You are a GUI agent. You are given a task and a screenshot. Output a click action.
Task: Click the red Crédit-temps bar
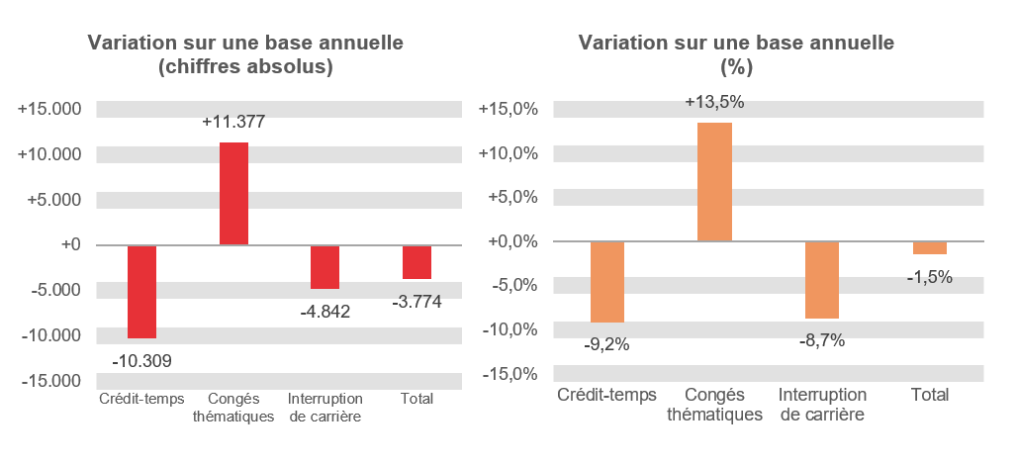141,292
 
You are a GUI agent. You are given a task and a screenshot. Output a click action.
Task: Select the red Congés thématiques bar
233,194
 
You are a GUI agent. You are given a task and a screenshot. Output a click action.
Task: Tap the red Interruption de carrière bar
324,267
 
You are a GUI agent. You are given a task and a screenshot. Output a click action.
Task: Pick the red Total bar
416,262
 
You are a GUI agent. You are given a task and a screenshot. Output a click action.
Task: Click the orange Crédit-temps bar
607,282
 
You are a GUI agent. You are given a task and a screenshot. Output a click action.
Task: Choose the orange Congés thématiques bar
714,182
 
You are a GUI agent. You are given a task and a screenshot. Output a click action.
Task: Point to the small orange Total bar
929,248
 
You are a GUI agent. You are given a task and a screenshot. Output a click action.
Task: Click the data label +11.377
233,123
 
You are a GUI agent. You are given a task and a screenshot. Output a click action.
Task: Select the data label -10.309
141,361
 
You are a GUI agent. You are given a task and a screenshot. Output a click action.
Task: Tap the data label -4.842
324,311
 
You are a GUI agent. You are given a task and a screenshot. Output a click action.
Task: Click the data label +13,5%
714,102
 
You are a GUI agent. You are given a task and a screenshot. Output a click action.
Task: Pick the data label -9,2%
606,344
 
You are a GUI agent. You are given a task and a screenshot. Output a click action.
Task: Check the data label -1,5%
929,277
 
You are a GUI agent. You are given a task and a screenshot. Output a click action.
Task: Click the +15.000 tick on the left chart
50,109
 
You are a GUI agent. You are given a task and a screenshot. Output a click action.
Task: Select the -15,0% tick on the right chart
510,374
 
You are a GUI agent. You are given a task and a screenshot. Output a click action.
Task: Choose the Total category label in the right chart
929,395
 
